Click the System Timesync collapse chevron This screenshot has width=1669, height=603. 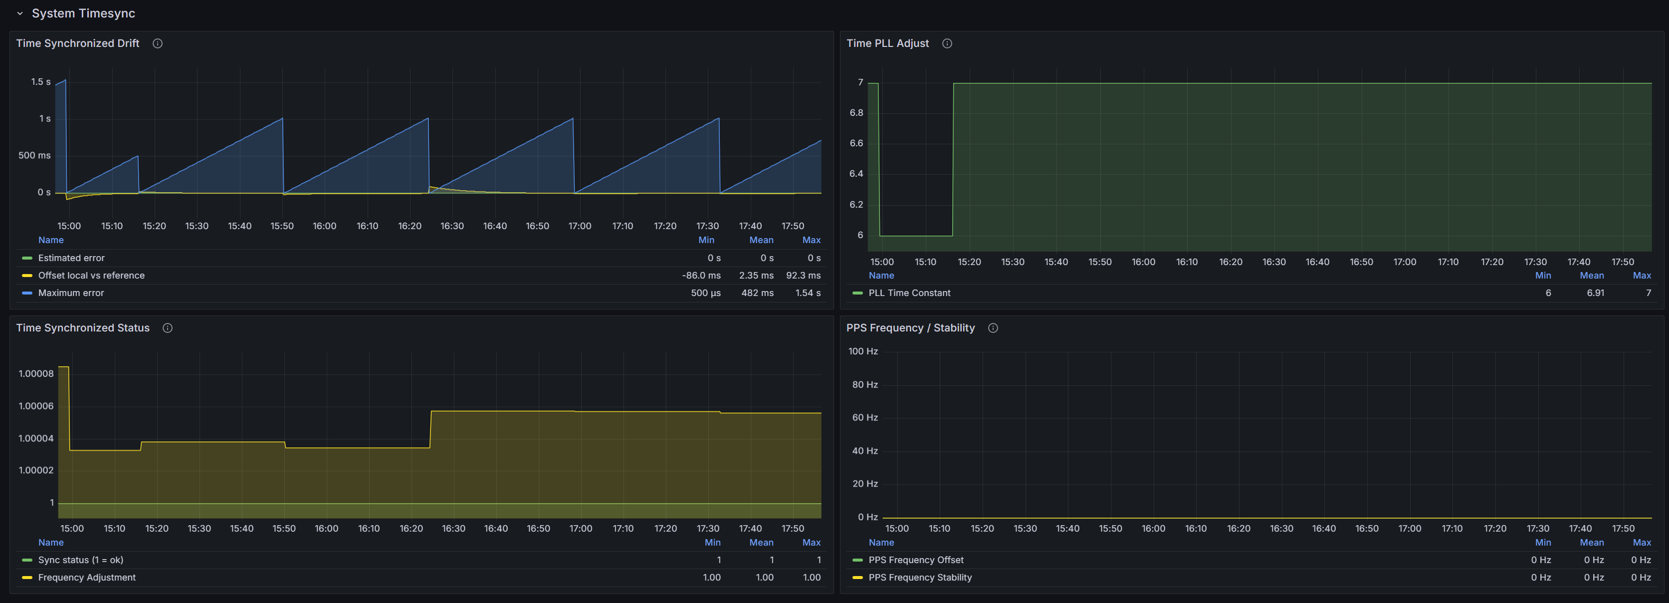19,13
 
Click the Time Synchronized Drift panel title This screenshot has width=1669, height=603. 78,43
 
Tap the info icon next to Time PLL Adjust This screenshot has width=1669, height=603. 947,43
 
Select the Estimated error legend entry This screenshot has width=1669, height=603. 71,258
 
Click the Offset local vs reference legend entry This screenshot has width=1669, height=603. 91,276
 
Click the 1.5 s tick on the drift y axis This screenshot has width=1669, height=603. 40,82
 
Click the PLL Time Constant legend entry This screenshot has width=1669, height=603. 909,293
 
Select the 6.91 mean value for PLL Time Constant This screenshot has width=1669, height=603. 1595,293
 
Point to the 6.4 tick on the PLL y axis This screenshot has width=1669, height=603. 856,174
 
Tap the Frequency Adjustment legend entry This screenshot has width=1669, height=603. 87,578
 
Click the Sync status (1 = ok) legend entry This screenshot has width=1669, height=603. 80,560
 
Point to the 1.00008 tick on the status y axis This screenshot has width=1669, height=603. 36,373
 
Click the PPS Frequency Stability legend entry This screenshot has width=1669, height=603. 920,578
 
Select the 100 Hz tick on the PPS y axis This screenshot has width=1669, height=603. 863,351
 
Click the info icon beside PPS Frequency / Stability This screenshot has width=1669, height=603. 993,328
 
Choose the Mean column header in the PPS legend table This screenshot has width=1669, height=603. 1591,543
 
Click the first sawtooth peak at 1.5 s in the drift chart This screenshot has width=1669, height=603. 65,80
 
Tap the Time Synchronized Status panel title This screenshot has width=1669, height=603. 83,328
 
